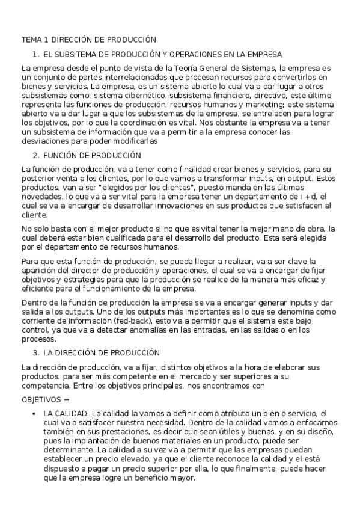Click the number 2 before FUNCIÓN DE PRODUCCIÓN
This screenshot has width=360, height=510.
click(x=35, y=155)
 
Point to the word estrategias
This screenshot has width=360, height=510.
click(x=84, y=280)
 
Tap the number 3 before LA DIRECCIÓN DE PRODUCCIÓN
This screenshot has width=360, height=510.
click(x=35, y=352)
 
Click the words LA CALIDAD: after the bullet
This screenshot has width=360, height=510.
click(x=66, y=413)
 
